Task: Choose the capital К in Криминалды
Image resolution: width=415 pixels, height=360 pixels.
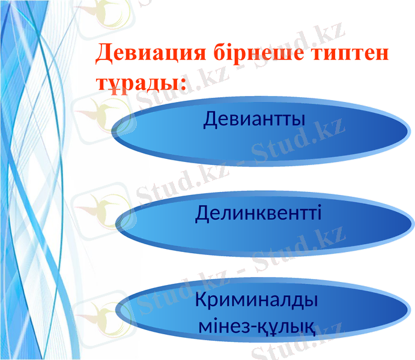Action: pos(202,301)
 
